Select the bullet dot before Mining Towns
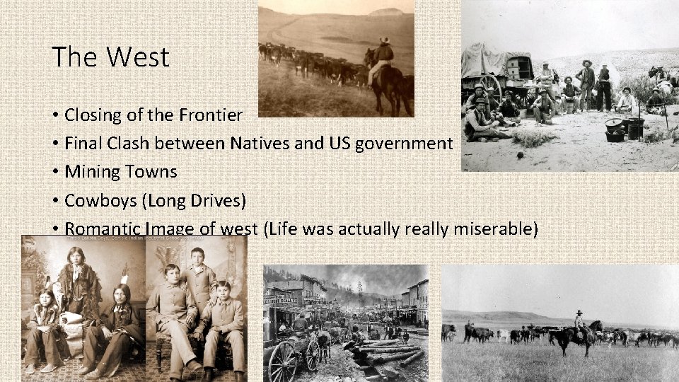[54, 172]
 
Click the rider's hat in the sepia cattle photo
[384, 40]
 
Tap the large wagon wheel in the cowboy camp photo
[489, 88]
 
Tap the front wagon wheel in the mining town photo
[283, 361]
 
